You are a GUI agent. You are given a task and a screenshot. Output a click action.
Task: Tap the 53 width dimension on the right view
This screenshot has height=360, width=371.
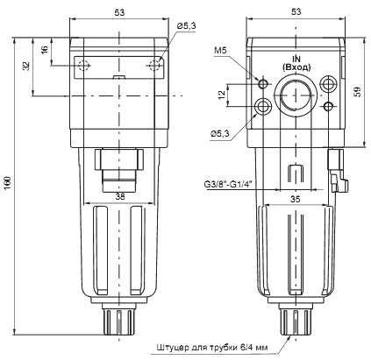point(296,12)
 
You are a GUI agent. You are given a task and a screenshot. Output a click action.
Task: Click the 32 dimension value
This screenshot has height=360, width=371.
point(28,66)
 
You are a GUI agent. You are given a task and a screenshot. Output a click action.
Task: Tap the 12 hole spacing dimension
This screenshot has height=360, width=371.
point(222,94)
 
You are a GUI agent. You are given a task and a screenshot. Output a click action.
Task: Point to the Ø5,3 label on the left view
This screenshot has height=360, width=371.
point(186,27)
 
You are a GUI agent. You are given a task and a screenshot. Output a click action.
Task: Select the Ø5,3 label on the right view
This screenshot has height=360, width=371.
point(221,133)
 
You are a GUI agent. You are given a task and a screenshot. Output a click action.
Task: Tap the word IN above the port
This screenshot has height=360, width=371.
point(296,58)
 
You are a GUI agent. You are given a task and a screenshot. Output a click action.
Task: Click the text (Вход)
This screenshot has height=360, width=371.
point(296,67)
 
